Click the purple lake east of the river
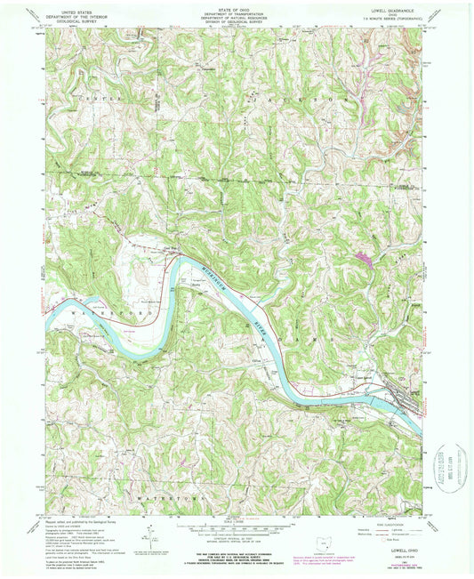pyautogui.click(x=363, y=259)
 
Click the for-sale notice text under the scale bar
pyautogui.click(x=236, y=558)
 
